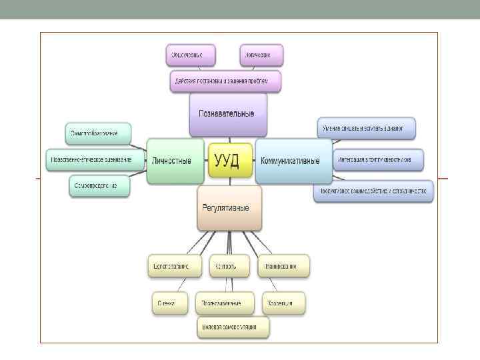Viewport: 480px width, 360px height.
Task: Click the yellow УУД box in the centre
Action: pyautogui.click(x=230, y=160)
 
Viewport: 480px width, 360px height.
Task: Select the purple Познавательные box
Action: pyautogui.click(x=228, y=114)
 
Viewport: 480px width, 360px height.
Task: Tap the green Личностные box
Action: pyautogui.click(x=175, y=161)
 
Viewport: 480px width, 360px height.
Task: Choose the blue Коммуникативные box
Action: pyautogui.click(x=293, y=161)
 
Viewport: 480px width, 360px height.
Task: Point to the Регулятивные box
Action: pyautogui.click(x=229, y=207)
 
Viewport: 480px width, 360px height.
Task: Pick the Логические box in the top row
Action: pyautogui.click(x=261, y=55)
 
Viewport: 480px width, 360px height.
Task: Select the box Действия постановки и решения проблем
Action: pyautogui.click(x=225, y=81)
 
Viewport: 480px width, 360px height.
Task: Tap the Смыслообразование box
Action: pyautogui.click(x=98, y=133)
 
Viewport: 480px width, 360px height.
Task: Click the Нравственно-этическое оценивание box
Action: pyautogui.click(x=96, y=160)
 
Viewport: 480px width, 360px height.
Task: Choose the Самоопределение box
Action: pyautogui.click(x=99, y=186)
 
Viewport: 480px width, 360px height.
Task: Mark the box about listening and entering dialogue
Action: pyautogui.click(x=366, y=127)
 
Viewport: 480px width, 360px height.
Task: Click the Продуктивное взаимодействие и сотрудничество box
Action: pyautogui.click(x=373, y=192)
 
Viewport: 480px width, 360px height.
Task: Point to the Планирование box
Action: pyautogui.click(x=283, y=265)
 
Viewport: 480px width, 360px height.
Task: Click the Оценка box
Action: pyautogui.click(x=167, y=303)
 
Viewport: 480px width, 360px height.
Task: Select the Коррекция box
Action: pyautogui.click(x=283, y=303)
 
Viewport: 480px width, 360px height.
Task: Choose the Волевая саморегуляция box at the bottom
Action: pyautogui.click(x=233, y=328)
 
